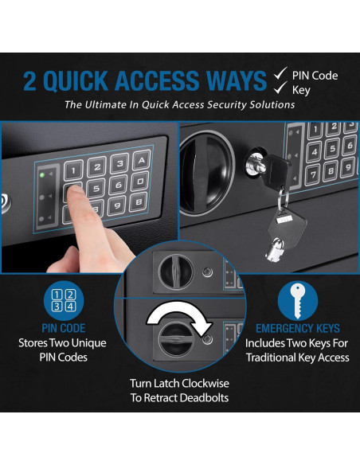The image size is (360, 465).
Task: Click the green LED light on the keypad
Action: [x=42, y=174]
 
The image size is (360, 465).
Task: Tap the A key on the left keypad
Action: [x=142, y=161]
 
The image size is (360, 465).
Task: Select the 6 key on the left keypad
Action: [x=119, y=185]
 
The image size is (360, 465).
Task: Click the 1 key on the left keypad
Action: [x=73, y=170]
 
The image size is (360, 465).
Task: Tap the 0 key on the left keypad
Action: [x=140, y=182]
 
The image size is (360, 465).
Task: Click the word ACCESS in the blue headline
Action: [x=157, y=80]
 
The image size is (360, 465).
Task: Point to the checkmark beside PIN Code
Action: [x=280, y=73]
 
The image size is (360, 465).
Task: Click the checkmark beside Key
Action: [x=280, y=88]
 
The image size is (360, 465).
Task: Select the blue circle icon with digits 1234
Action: [x=64, y=301]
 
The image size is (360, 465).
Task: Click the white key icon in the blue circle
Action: [x=297, y=300]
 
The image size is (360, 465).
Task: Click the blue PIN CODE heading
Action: [x=64, y=328]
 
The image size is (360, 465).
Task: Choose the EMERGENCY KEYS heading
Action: [x=298, y=329]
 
